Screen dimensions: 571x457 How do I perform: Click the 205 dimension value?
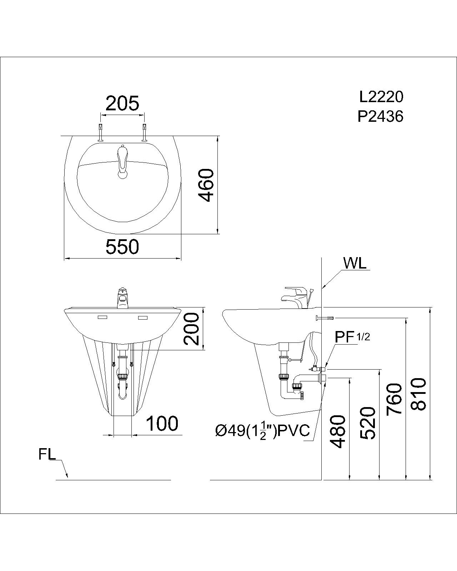coord(122,104)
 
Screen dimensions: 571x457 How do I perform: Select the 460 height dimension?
coord(206,185)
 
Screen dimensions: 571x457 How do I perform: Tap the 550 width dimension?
coord(122,247)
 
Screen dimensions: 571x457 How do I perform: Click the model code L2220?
coord(381,97)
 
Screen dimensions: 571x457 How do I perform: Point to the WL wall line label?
coord(355,264)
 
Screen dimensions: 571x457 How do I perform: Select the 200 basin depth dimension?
coord(191,329)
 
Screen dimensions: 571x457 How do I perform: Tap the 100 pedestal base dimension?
coord(162,424)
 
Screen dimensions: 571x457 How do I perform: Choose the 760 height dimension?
coord(394,399)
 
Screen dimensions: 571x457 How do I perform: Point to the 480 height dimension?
coord(338,431)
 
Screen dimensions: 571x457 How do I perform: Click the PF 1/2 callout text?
coord(352,336)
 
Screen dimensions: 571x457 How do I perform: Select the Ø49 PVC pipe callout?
coord(262,431)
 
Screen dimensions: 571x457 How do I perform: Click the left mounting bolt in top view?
coord(100,132)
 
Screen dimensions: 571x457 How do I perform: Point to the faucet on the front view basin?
coord(122,299)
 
